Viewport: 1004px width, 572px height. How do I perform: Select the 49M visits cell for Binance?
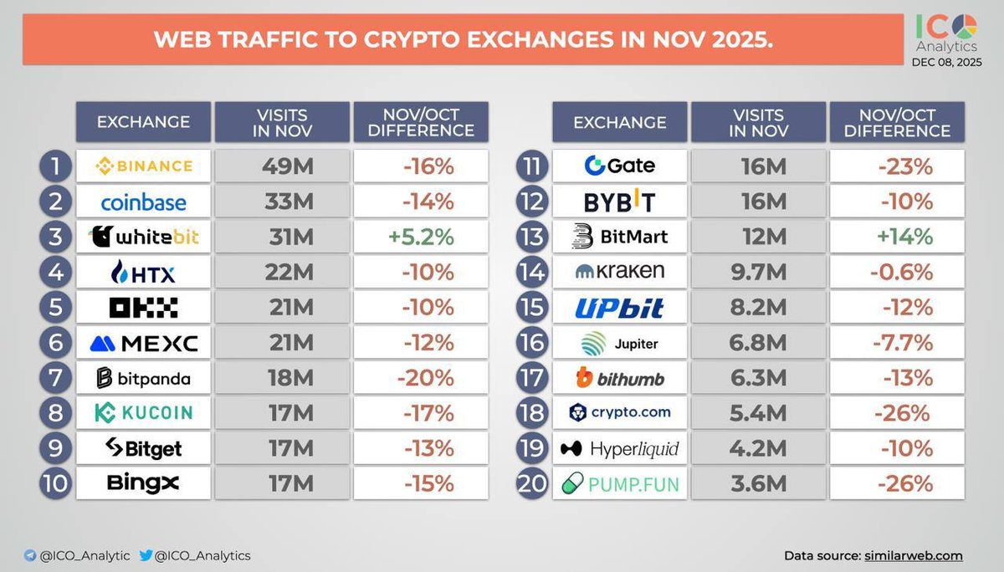coord(282,166)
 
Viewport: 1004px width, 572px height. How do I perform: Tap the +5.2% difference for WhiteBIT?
coord(420,237)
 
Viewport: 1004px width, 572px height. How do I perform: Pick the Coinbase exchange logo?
coord(143,202)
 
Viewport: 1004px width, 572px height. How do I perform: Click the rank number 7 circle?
coord(54,379)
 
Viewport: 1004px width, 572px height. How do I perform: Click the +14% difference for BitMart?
coord(904,237)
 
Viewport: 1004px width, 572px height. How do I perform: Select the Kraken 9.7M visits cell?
coord(758,272)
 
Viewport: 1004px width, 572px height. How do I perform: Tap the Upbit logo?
coord(619,308)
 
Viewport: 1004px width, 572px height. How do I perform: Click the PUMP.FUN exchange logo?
coord(620,484)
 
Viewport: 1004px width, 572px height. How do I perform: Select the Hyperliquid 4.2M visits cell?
coord(758,449)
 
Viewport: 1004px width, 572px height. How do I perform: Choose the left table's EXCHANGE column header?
coord(143,122)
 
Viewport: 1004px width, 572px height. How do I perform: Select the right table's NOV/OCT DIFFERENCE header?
coord(896,122)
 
